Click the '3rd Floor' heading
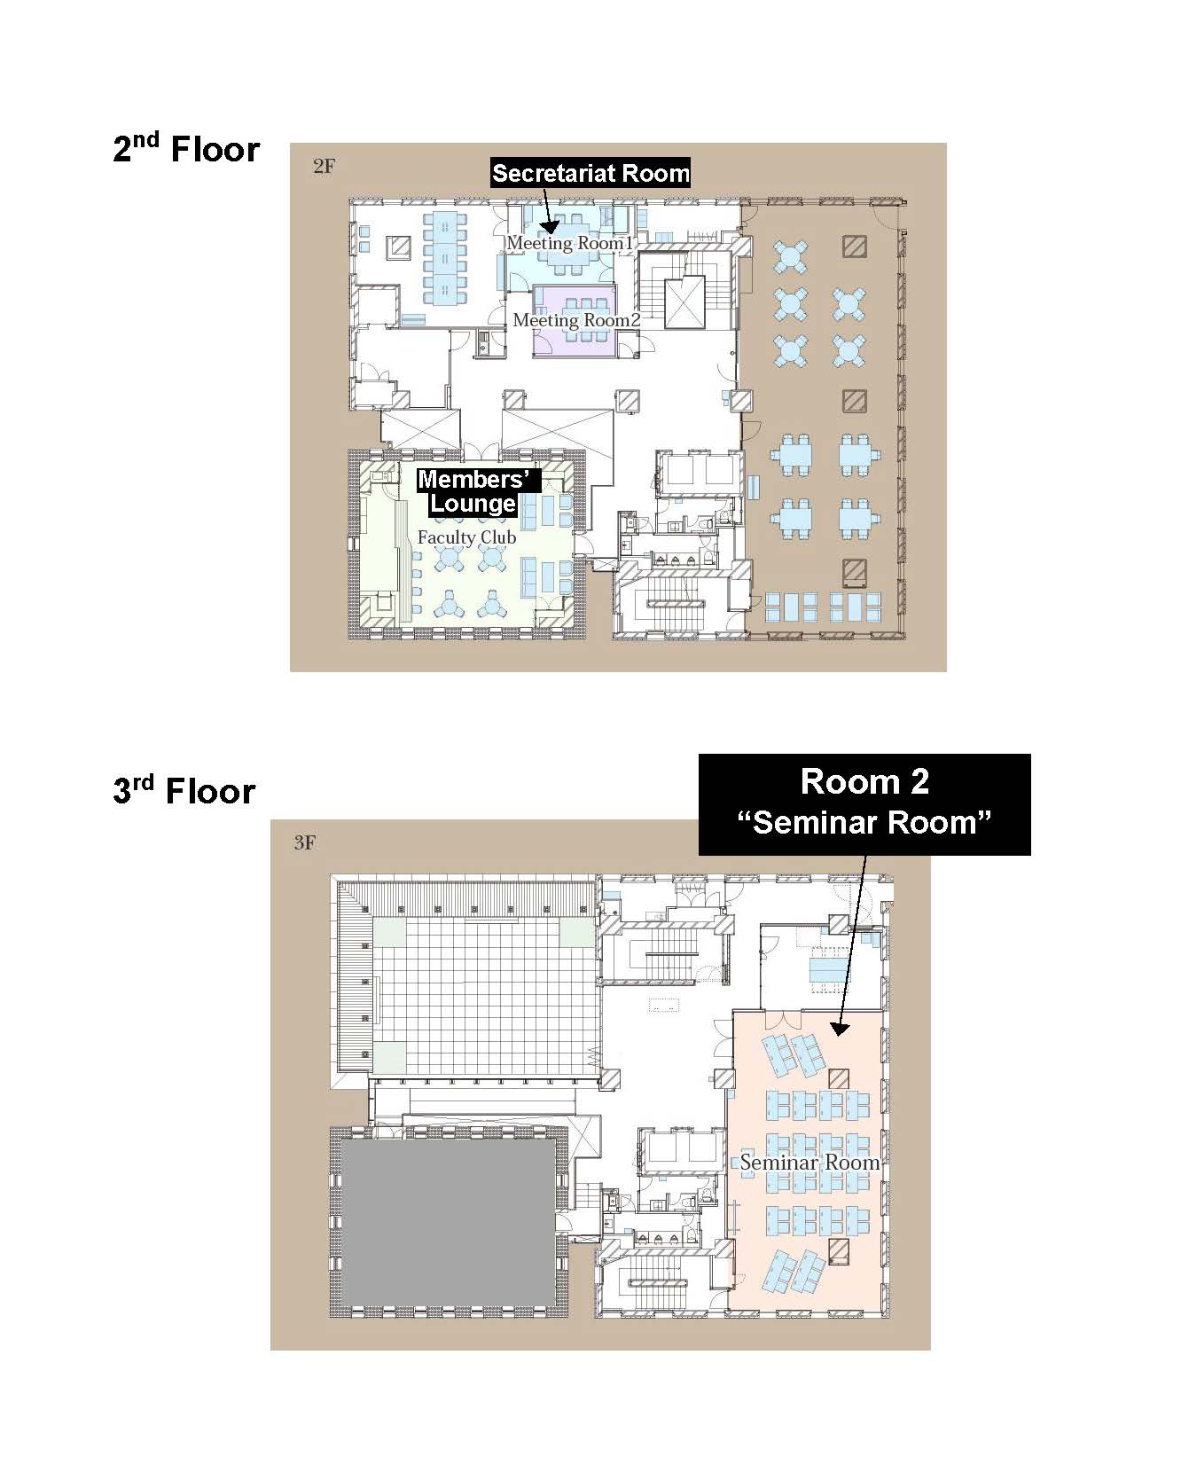(184, 790)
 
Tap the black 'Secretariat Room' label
(590, 173)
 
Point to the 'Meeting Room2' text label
(576, 320)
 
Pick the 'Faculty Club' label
(466, 537)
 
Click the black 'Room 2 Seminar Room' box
(864, 803)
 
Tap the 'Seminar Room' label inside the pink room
(809, 1163)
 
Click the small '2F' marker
(324, 166)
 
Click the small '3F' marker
(304, 842)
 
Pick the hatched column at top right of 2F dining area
(855, 246)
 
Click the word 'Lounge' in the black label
(473, 504)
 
